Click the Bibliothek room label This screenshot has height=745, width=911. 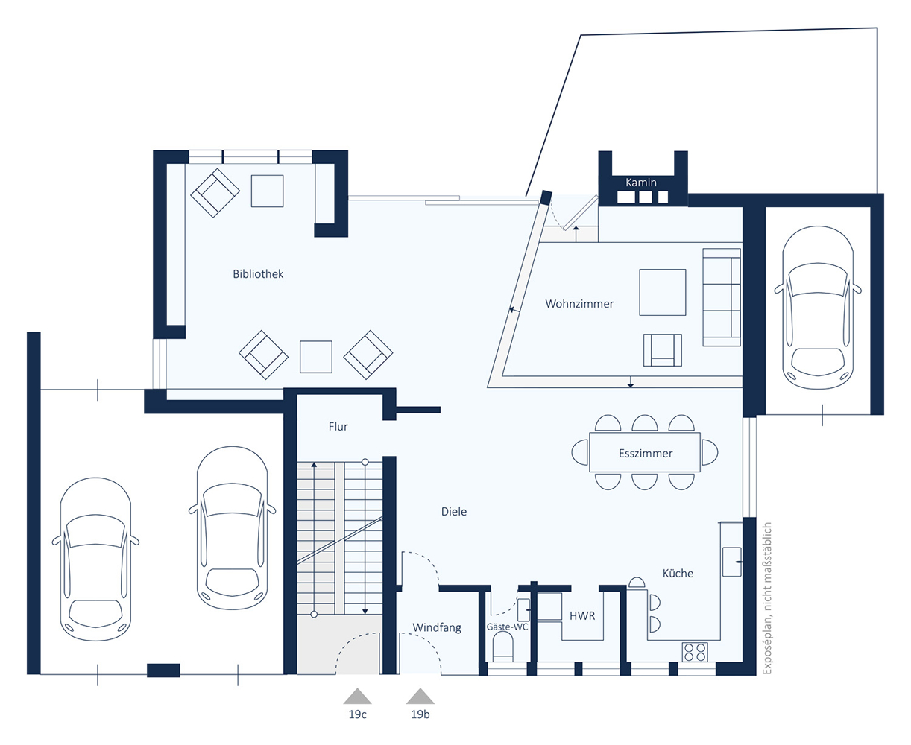[258, 274]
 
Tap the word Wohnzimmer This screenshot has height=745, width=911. [579, 304]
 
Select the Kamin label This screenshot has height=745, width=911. [641, 183]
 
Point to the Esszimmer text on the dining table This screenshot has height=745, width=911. [646, 453]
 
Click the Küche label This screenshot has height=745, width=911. [678, 573]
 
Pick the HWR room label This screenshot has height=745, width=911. [582, 616]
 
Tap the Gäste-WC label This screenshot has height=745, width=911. [507, 627]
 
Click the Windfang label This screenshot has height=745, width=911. [437, 627]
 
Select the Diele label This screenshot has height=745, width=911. [453, 512]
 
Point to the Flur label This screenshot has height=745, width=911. [338, 426]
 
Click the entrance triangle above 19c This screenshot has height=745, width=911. [357, 696]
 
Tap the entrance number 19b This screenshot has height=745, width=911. [420, 714]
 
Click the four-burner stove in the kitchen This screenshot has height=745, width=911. [695, 652]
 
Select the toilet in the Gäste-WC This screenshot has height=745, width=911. [502, 650]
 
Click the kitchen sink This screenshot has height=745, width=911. [732, 562]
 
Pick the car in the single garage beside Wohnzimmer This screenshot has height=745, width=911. [818, 308]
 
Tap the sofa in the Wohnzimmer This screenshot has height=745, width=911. [722, 297]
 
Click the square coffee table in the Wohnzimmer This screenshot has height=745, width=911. [662, 292]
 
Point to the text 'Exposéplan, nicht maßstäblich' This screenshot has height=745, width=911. [766, 598]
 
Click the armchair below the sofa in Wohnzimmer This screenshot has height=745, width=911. [662, 350]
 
